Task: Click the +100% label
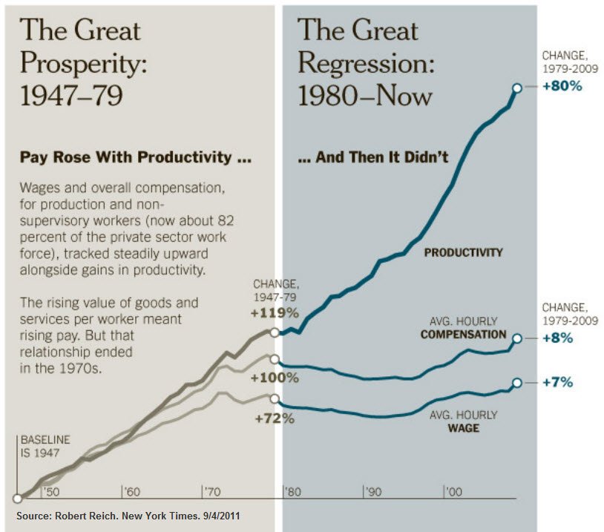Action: [275, 378]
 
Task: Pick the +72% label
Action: [275, 418]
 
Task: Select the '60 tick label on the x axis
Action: [133, 492]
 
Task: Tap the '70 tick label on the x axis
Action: [213, 492]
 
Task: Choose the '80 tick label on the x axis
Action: [293, 492]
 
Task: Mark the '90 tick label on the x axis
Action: [373, 492]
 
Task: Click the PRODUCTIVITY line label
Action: [463, 252]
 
